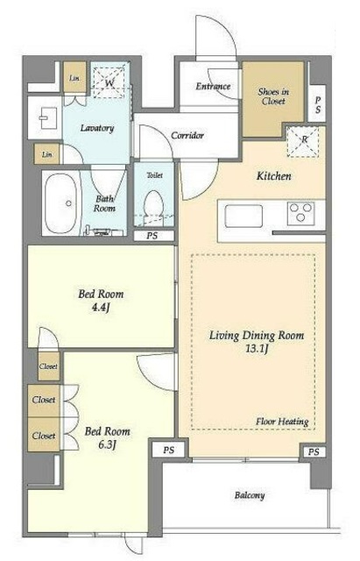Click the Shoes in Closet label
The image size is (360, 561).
click(273, 96)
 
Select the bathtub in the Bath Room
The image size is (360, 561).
click(61, 202)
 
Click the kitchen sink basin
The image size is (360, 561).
click(244, 216)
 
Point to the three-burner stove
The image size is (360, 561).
click(301, 213)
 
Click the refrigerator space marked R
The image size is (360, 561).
click(303, 142)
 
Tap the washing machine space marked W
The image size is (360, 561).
click(109, 82)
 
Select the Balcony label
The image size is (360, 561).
click(250, 495)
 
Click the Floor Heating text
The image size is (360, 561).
click(282, 422)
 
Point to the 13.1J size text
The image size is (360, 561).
click(257, 349)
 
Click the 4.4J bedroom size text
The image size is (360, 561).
click(101, 308)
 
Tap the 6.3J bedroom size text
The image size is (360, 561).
click(107, 444)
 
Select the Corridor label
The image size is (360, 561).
click(187, 135)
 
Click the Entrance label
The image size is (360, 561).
click(213, 86)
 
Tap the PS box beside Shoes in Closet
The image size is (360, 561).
click(317, 104)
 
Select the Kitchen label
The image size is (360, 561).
click(274, 175)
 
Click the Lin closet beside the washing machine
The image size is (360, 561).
click(74, 77)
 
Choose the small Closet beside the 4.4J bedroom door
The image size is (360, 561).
click(48, 366)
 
